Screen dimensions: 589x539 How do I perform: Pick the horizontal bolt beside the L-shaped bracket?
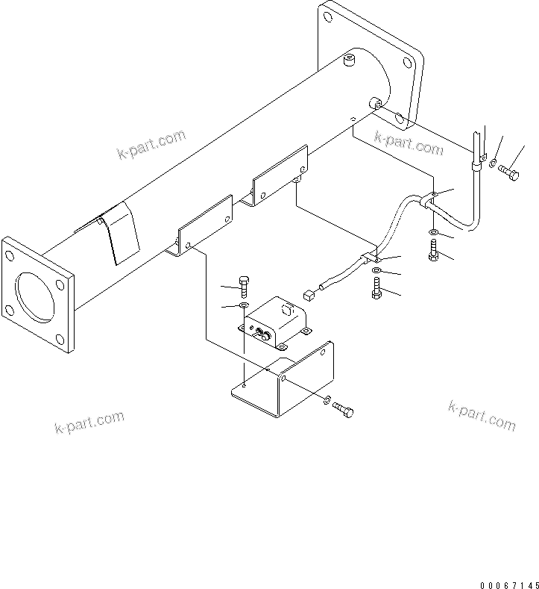[343, 409]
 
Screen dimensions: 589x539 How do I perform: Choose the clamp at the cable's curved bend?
[432, 199]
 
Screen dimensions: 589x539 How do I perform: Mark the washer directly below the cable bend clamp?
[434, 234]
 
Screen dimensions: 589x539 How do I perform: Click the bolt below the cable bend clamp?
[434, 252]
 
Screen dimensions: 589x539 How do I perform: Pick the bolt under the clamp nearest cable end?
[376, 288]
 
